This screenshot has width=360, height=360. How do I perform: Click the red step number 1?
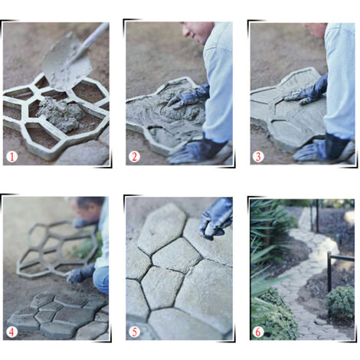point(11,156)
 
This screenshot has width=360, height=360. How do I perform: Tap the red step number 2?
point(134,156)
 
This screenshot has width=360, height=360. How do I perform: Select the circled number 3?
point(258,156)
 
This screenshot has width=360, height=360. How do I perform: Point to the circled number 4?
point(11,332)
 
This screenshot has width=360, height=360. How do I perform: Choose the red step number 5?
point(134,332)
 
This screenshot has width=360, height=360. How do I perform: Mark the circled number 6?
point(258,332)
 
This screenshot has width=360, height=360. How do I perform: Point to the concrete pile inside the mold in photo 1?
point(60,113)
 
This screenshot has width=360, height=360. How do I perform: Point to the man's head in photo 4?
point(88,208)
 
